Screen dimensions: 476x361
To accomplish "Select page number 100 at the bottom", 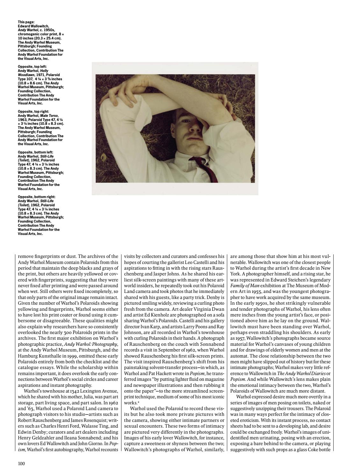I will tap(21, 463).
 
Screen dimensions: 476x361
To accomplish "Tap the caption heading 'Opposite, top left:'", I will tap(31, 67).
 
